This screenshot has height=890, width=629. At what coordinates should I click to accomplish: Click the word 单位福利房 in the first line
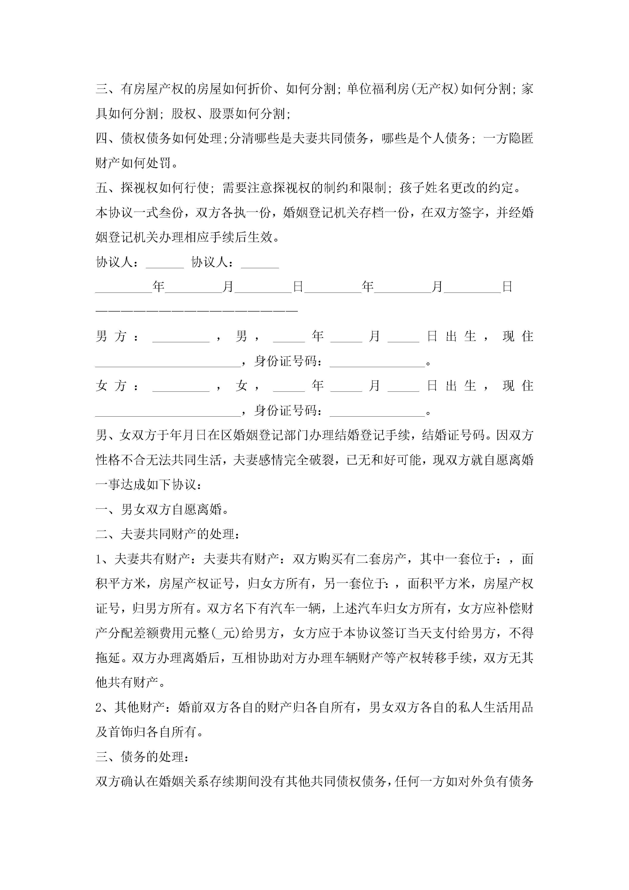tap(378, 89)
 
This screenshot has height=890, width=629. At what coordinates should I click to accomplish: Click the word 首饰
tap(121, 732)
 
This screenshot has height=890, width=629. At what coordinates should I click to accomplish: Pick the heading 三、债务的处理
tap(142, 757)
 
